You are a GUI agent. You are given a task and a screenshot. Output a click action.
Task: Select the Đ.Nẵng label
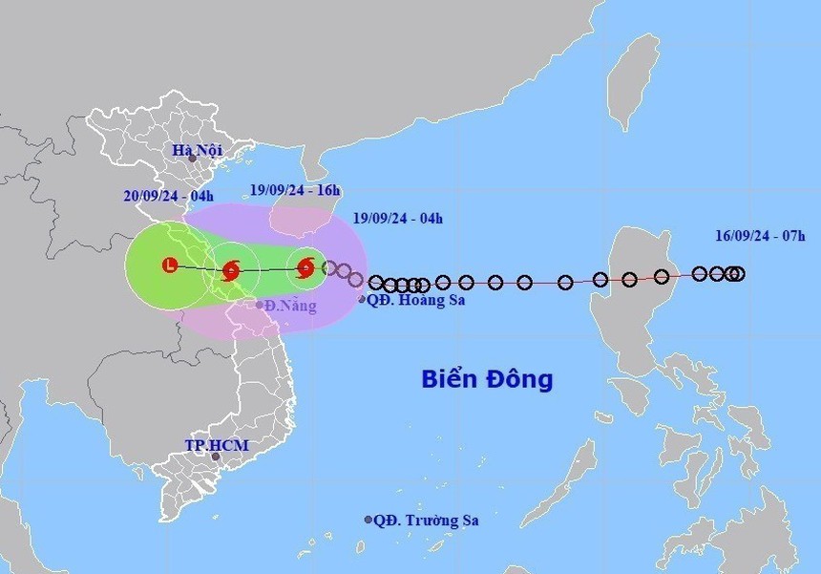(290, 306)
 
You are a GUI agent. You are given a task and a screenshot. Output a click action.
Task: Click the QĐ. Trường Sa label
(426, 521)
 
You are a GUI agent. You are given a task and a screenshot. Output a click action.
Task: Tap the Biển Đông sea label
(487, 379)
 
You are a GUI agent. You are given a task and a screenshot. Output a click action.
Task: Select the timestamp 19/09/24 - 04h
(397, 218)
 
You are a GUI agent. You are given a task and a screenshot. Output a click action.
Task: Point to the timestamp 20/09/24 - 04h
(168, 196)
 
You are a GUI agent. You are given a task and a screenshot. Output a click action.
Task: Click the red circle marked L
(170, 266)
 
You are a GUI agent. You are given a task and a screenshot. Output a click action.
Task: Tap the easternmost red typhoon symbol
(305, 268)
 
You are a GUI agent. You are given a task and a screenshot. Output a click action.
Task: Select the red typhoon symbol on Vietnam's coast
(230, 271)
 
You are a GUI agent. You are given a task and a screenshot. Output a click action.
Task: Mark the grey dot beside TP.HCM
(216, 457)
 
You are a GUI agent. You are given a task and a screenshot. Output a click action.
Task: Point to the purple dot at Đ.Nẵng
(259, 306)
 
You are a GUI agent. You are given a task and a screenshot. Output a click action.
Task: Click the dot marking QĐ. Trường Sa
(368, 520)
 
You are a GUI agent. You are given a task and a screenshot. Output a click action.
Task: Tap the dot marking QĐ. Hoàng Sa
(362, 300)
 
